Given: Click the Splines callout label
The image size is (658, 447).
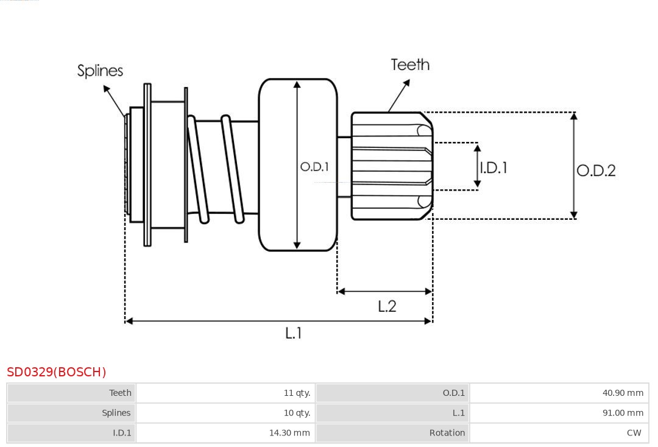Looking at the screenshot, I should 100,71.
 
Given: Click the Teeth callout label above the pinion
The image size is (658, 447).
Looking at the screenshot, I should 410,65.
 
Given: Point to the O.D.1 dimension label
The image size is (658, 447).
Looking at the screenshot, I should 314,166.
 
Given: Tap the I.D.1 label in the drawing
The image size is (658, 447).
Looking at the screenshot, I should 493,167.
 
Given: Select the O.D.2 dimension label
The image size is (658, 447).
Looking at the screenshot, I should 596,171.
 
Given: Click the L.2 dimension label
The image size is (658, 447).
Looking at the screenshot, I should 387,306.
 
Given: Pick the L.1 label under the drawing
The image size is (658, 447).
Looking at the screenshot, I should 294,333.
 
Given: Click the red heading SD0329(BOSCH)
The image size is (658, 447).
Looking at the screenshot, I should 57,372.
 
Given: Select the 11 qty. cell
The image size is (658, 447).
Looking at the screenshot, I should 297,393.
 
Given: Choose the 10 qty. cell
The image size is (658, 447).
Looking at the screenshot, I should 297,413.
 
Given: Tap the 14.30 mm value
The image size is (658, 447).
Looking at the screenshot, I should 289,433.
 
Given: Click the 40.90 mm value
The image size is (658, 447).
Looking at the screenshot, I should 623,393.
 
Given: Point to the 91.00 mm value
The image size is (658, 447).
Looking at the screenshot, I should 623,413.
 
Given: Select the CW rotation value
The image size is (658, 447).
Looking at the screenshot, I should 634,433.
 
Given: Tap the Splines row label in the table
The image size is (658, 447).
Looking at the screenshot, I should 116,413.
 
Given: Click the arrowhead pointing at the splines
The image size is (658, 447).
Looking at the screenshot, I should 107,90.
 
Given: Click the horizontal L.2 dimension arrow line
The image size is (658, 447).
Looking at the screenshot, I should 385,292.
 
